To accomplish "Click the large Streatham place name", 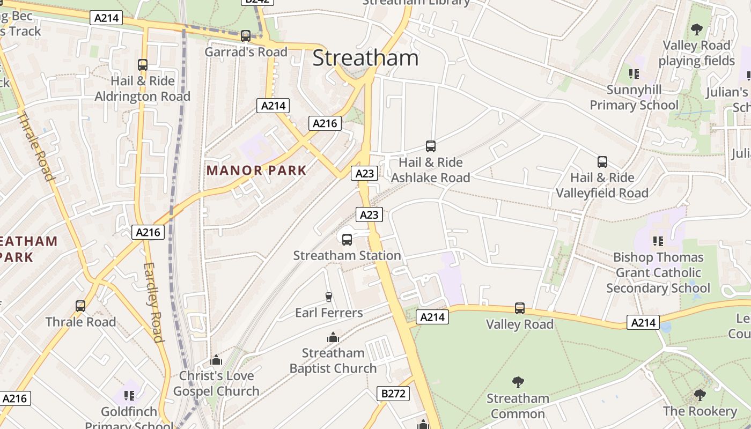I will coord(365,58).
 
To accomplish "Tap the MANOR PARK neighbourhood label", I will coord(256,171).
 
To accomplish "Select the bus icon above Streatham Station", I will coord(347,239).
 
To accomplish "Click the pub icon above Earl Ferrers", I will coord(329,297).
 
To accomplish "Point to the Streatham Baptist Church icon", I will coord(333,337).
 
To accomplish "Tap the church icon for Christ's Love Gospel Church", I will coord(216,360).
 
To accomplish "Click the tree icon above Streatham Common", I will coord(518,382).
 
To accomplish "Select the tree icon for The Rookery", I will coord(700,395).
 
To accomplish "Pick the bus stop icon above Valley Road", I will coord(519,308).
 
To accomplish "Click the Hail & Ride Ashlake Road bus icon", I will coord(430,146).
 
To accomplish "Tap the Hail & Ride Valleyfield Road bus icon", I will coord(602,161).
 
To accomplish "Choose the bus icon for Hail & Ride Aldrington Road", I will coord(143,65).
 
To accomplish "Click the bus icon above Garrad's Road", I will coord(246,36).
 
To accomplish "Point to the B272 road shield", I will coord(393,394).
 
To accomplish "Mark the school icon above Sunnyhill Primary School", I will coord(634,73).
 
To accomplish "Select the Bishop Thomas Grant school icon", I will coord(658,241).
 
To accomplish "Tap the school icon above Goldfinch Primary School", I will coord(129,396).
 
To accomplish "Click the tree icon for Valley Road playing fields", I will coord(696,29).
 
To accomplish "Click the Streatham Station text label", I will coord(347,255).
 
